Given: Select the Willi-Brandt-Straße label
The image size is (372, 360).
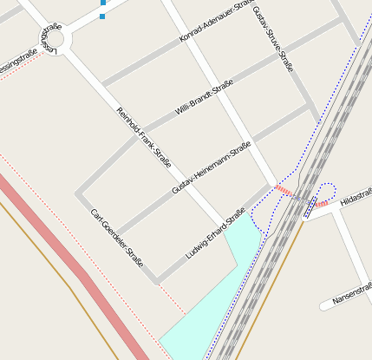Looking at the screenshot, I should (x=205, y=97).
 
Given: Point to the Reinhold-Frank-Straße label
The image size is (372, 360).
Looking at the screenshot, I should (x=144, y=137).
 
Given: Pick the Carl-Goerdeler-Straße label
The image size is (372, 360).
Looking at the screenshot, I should (x=116, y=237).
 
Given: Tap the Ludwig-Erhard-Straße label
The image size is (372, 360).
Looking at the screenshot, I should (x=216, y=233).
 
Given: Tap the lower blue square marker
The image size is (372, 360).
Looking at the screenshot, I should (x=102, y=16).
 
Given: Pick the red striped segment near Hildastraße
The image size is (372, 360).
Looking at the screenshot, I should (x=321, y=204).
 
